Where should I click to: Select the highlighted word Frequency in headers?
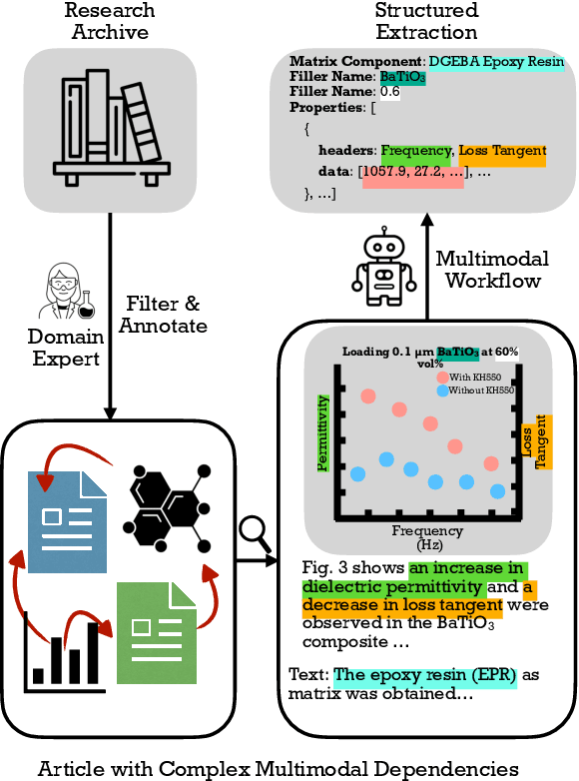point(415,150)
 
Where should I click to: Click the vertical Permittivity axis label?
point(321,431)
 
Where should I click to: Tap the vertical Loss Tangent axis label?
point(534,440)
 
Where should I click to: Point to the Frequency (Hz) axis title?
point(427,538)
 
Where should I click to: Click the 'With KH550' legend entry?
point(475,377)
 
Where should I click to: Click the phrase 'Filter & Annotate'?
point(167,313)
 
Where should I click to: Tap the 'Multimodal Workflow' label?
point(492,270)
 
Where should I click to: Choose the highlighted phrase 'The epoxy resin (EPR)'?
point(425,675)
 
